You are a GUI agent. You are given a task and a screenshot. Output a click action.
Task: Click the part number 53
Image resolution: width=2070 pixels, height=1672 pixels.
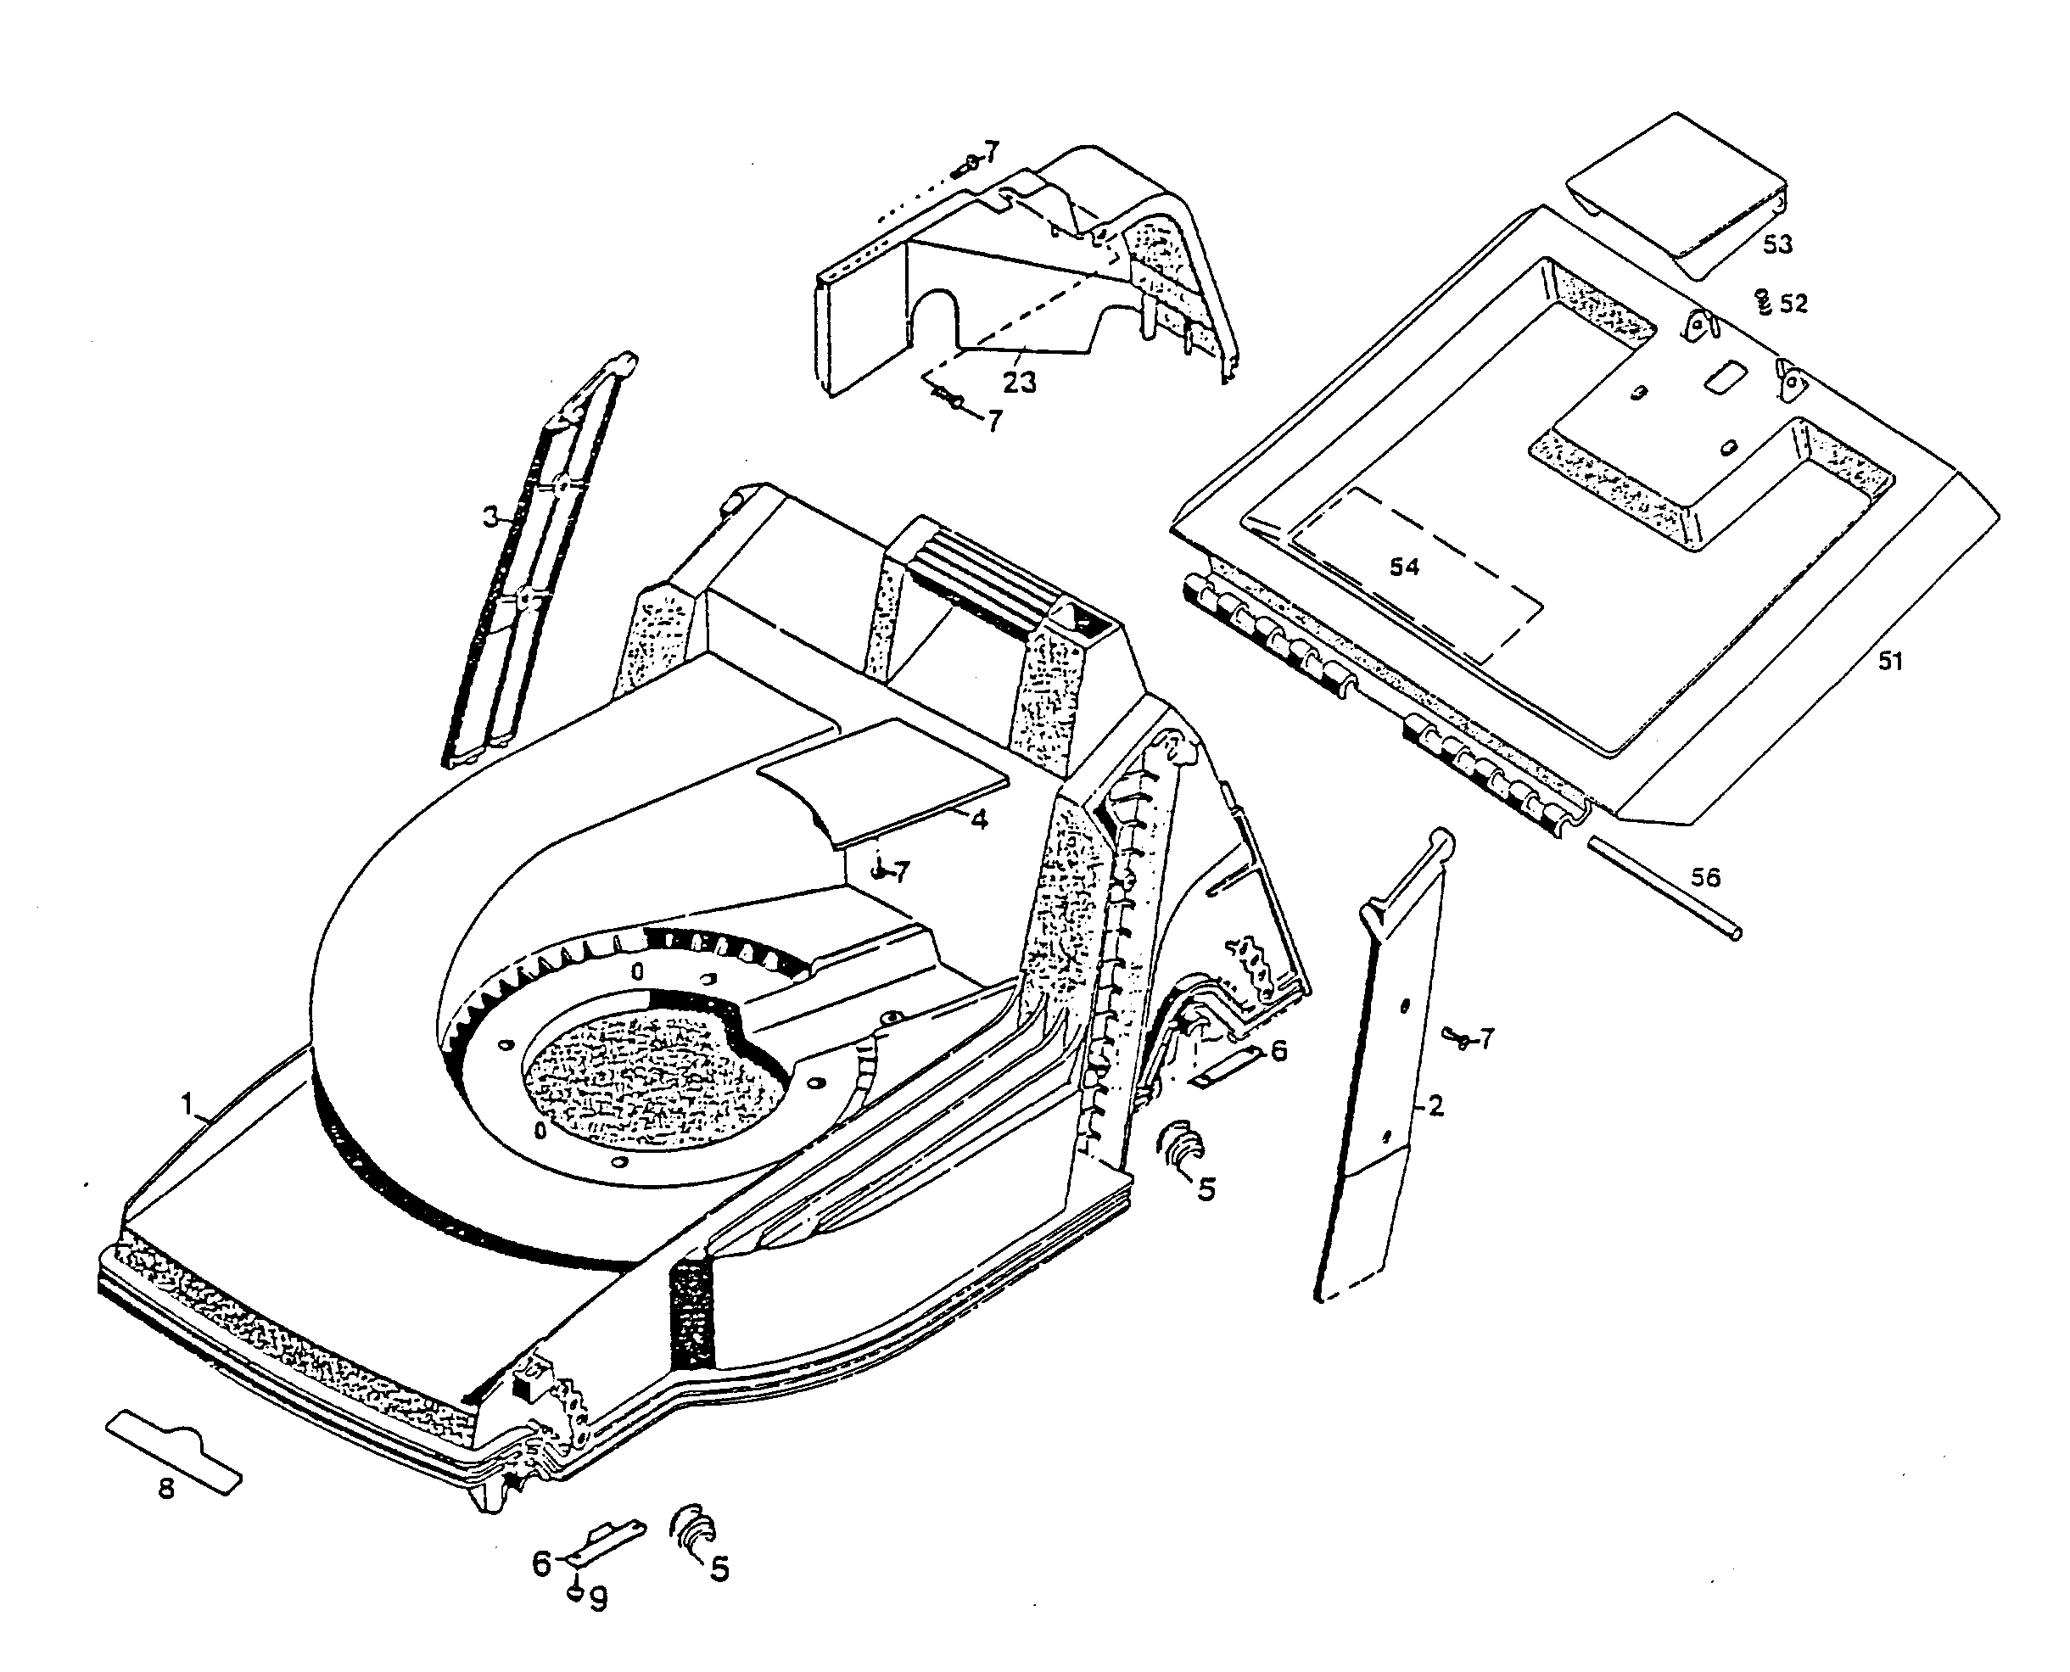point(1777,244)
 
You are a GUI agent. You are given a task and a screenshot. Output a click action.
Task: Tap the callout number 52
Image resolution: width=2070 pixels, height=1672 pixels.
point(1793,305)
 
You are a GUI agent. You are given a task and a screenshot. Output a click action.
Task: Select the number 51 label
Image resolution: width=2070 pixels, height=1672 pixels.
point(1890,662)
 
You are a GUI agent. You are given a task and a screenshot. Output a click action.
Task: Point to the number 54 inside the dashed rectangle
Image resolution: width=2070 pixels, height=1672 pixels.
point(1403,567)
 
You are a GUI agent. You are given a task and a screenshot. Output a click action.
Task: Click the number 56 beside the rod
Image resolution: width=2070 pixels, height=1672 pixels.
point(1705,877)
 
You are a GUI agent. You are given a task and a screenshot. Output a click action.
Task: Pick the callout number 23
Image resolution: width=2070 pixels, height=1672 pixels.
point(1019,383)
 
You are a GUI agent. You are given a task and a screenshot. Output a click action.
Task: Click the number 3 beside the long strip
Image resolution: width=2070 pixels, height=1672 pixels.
point(490,517)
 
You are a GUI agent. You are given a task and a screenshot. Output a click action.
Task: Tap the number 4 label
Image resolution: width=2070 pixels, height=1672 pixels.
point(979,820)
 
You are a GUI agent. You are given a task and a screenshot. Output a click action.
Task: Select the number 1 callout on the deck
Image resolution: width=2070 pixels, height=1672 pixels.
point(187,1103)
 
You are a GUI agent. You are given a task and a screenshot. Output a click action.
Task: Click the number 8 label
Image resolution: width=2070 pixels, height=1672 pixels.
point(165,1489)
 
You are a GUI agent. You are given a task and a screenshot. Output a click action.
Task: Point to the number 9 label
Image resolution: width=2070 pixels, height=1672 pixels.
point(598,1600)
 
